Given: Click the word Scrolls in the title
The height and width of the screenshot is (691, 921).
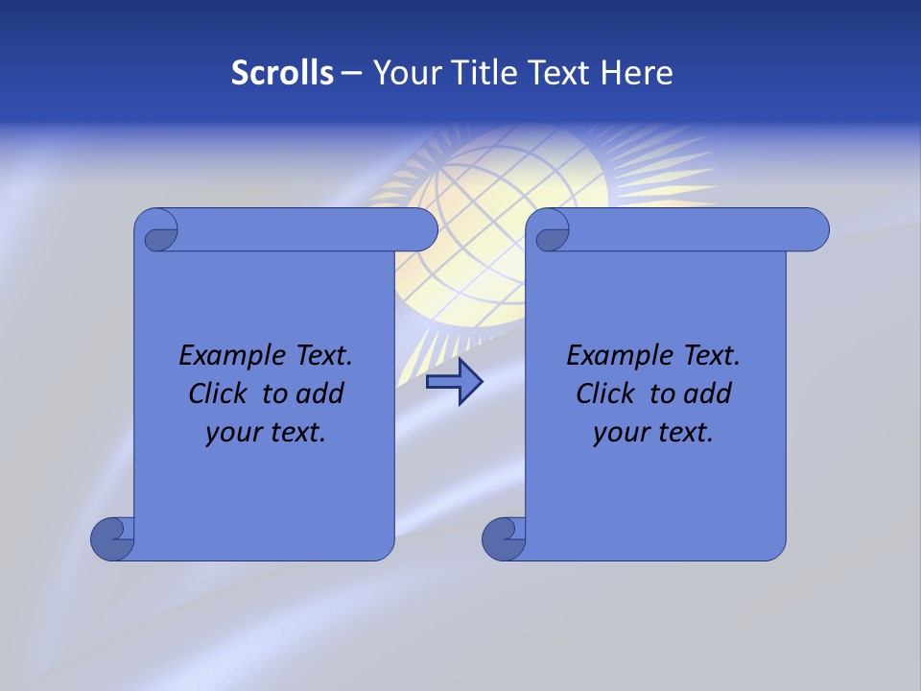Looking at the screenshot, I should coord(282,73).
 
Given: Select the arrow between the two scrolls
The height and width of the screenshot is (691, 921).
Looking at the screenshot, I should coord(454,382).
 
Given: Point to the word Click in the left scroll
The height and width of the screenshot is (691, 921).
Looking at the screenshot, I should coord(219,393).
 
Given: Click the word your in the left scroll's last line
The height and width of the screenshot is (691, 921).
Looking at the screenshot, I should coord(233,433).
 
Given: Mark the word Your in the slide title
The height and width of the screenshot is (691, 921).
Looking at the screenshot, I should coord(404,73).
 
